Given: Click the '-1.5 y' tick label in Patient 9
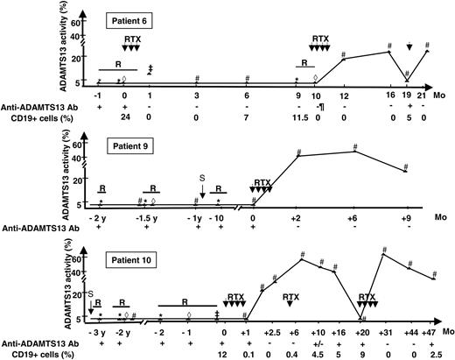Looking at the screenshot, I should coord(150,216).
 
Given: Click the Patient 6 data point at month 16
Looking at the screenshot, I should coord(389,52).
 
